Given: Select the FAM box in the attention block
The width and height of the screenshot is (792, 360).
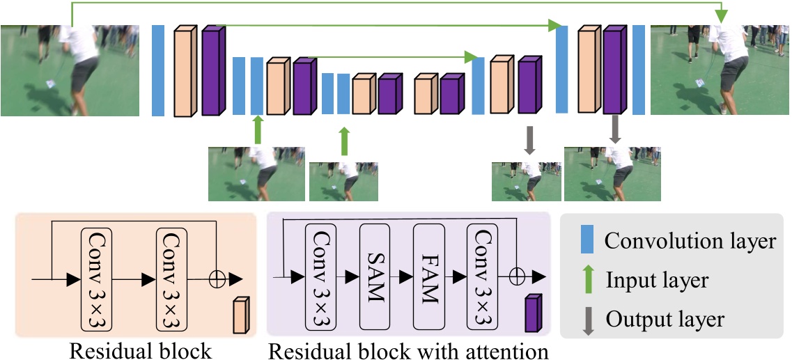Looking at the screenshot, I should pos(428,277).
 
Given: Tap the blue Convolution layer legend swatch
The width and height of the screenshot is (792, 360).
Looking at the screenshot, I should pos(585,241).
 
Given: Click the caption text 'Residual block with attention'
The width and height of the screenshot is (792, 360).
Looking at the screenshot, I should pos(409,350).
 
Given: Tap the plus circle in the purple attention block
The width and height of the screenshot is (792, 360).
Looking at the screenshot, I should pos(516,276).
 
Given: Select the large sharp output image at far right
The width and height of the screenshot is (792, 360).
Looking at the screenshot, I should pos(720,70).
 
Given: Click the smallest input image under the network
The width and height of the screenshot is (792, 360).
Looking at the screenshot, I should pos(344,180).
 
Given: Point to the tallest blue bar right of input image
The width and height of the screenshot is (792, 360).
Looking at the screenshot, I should pos(158,70).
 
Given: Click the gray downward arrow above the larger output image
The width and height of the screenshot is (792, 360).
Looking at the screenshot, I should pos(614,131).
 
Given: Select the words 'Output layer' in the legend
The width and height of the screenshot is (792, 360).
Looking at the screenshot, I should pos(665,320).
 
